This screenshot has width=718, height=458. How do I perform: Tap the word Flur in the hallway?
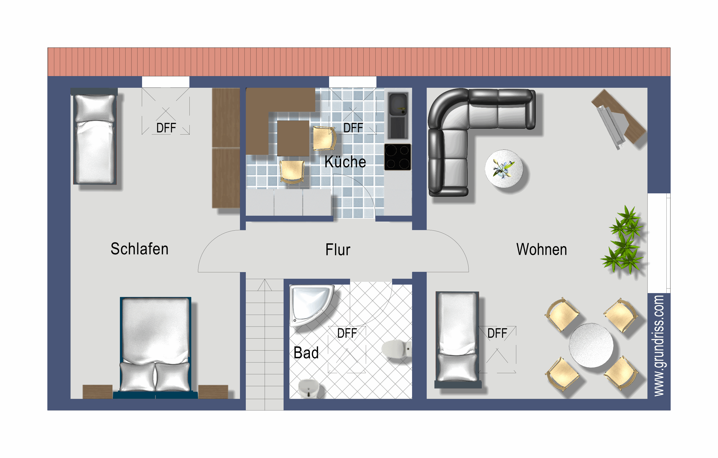338,250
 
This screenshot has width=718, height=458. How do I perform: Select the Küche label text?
345,162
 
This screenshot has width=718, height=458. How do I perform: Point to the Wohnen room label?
541,249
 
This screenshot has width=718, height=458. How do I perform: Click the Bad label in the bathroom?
306,353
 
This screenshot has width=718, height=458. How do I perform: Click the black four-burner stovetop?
397,157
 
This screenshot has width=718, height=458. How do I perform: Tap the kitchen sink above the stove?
398,115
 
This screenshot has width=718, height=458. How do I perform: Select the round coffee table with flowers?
504,169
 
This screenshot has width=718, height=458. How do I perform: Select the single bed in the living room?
457,338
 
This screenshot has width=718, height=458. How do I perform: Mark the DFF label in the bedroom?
166,128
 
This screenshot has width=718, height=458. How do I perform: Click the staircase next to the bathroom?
264,343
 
